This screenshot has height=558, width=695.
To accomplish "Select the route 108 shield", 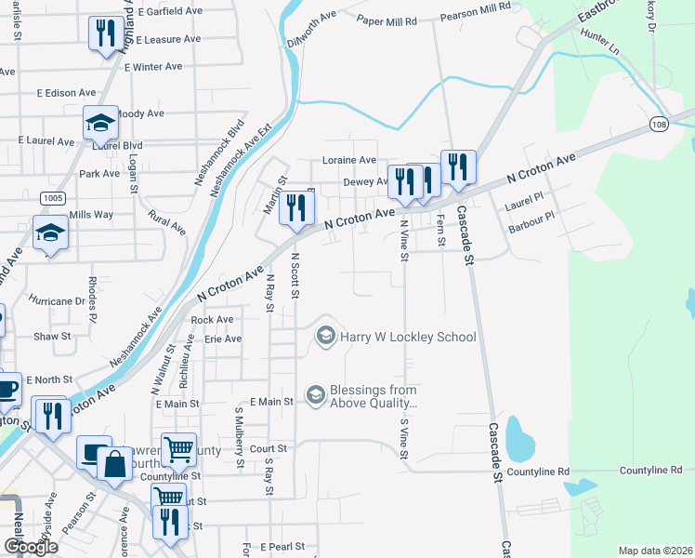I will (x=659, y=125).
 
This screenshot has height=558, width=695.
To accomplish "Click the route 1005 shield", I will (x=52, y=198).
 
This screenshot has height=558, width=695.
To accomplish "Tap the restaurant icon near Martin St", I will (x=295, y=208).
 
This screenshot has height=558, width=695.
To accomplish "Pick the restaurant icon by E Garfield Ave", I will (x=103, y=34).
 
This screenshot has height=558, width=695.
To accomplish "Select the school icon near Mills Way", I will (x=49, y=233).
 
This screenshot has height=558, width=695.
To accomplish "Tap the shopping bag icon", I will (x=113, y=464).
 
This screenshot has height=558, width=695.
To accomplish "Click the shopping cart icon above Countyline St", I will (x=178, y=450).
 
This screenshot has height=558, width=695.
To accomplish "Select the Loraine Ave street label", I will (x=348, y=160).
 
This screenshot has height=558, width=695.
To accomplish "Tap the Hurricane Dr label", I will (x=57, y=301).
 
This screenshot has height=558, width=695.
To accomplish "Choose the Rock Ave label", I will (x=211, y=320).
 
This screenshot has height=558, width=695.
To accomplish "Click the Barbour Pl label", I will (x=531, y=221).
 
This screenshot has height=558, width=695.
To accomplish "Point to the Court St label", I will (x=268, y=448).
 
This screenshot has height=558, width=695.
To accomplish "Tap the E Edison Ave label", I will (x=66, y=93).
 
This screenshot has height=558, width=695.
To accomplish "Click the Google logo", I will (x=31, y=547).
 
